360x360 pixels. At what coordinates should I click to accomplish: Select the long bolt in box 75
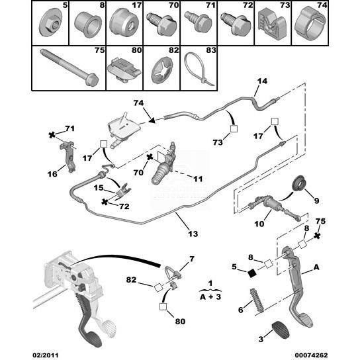click(69, 67)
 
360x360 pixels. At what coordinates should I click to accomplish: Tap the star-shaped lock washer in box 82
click(161, 71)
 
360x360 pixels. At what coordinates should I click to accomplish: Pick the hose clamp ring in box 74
click(310, 22)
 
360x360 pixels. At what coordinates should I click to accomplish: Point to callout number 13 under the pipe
click(193, 234)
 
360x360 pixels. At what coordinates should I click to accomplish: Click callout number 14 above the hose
click(262, 81)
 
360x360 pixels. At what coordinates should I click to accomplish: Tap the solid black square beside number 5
click(252, 273)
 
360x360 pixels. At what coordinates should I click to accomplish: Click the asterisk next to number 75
click(317, 236)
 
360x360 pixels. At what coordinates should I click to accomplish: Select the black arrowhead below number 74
click(152, 120)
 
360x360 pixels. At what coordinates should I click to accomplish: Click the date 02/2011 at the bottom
click(45, 355)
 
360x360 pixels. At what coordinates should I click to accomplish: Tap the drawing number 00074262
click(311, 355)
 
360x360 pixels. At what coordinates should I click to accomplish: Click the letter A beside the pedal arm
click(316, 267)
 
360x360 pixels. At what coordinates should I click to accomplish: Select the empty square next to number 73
click(234, 129)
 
